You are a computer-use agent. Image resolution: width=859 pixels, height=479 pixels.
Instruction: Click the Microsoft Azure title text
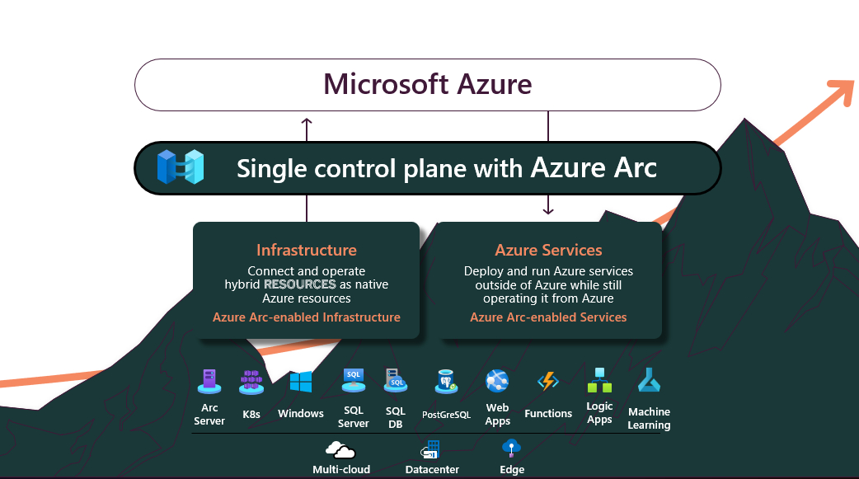coord(427,84)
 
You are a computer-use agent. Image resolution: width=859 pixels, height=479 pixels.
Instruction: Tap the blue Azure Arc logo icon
coord(181,167)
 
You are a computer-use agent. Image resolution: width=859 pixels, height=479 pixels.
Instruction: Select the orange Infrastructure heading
coord(306,250)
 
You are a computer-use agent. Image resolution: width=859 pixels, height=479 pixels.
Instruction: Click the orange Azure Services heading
coord(548,250)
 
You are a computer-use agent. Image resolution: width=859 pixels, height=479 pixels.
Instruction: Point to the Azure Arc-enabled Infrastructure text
coord(306,317)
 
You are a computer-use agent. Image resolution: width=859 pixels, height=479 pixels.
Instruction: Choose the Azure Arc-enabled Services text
coord(548,317)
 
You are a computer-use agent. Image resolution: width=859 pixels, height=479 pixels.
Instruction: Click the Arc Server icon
coord(209,381)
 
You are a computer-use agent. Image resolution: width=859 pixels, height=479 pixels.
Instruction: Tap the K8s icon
coord(251,382)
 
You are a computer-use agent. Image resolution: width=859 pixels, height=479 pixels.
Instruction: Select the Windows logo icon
coord(300,383)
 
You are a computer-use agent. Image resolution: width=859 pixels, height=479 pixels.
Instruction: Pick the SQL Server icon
coord(354,379)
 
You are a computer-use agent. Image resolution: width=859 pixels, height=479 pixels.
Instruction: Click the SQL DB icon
coord(395,380)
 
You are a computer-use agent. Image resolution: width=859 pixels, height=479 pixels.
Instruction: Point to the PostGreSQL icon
coord(446,382)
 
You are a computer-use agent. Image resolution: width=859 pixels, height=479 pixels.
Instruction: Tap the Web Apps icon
coord(497,381)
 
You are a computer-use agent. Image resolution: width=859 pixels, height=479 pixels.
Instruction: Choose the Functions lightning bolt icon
coord(548,381)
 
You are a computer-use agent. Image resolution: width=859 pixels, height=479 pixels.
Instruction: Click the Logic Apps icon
coord(599,380)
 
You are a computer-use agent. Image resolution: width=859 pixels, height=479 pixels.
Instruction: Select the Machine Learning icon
coord(649,380)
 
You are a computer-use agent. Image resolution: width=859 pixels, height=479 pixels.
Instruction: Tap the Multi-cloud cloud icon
coord(340,449)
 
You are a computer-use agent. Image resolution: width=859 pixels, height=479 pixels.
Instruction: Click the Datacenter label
coord(432,470)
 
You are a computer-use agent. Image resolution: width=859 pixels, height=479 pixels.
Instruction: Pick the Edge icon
coord(512,448)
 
